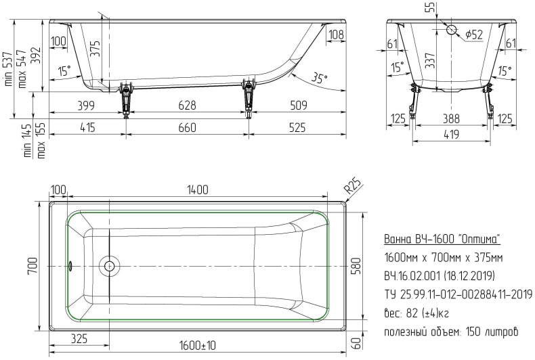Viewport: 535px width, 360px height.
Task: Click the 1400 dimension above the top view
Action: tap(197, 189)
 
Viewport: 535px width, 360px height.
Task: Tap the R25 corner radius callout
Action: tap(353, 187)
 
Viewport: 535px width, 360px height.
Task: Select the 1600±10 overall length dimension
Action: tap(198, 345)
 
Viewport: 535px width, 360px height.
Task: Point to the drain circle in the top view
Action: tap(109, 265)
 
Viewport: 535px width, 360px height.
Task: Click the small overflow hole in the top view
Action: tap(70, 265)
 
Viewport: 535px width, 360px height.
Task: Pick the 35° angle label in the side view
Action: tap(319, 78)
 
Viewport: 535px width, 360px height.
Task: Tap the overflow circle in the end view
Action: tap(452, 30)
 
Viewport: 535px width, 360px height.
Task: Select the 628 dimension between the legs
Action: tap(188, 105)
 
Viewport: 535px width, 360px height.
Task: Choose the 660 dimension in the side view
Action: tap(188, 127)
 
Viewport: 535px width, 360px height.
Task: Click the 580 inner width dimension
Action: tap(356, 266)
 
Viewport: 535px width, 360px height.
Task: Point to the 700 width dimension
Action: tap(33, 266)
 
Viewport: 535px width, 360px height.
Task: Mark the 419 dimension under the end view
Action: tap(451, 134)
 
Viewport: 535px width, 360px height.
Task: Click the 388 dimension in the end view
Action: tap(451, 118)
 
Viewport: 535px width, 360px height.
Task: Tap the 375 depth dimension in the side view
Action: tap(96, 49)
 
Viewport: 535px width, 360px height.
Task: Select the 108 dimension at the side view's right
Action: tap(337, 34)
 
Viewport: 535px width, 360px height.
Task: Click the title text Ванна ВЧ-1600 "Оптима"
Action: tap(442, 240)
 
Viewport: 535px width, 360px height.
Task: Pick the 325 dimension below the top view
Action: tap(79, 338)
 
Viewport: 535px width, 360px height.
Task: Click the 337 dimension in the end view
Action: tap(430, 60)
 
